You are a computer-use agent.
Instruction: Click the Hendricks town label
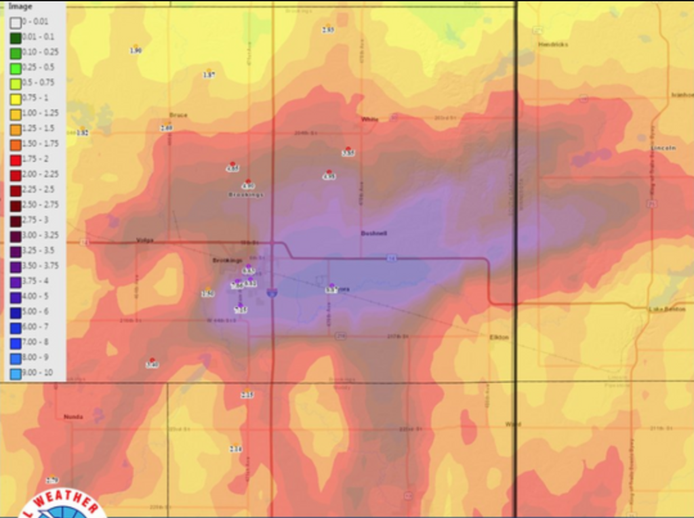[553, 45]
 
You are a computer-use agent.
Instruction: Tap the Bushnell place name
[373, 233]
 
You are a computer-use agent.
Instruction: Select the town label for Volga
[145, 239]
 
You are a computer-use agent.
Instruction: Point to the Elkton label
[499, 337]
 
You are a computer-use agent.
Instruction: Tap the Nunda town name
[73, 416]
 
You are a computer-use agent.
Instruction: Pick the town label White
[369, 119]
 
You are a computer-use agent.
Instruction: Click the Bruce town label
[178, 115]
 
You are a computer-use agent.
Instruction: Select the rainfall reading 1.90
[136, 51]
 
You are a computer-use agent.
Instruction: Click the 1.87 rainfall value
[209, 75]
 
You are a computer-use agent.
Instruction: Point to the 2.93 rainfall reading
[328, 30]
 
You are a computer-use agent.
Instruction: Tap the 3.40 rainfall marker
[152, 365]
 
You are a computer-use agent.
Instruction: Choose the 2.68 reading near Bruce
[166, 128]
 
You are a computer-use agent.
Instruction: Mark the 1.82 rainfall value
[82, 133]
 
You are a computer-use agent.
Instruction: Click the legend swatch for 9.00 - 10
[16, 373]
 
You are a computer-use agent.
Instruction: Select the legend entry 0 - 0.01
[16, 22]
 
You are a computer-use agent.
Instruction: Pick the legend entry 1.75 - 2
[16, 159]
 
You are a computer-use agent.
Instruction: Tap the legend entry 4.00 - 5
[16, 296]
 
